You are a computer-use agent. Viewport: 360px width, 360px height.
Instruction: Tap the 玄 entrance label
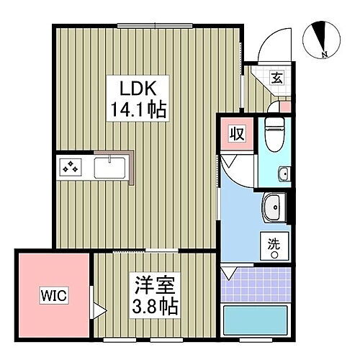[x=276, y=79]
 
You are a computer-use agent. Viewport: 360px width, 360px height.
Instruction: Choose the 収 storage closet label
[x=236, y=134]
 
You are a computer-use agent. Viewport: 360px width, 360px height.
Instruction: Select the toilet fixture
[x=274, y=134]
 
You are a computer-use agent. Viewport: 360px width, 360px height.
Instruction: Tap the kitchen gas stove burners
[x=71, y=167]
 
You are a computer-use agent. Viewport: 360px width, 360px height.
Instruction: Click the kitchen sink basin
[x=109, y=168]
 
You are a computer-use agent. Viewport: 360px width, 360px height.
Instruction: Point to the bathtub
[x=256, y=321]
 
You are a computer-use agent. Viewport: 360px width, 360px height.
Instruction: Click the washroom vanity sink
[x=274, y=208]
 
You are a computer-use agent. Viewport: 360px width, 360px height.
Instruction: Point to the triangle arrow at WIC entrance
[x=100, y=312]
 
